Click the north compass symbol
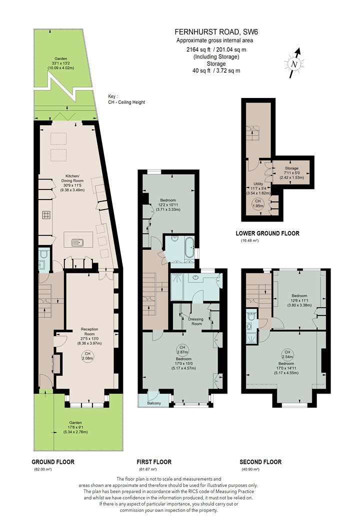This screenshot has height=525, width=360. tap(294, 63)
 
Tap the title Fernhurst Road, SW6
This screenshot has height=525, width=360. tap(216, 32)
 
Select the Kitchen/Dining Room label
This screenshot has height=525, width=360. tap(72, 183)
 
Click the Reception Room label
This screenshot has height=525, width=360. tap(89, 336)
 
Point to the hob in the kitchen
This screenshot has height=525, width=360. tap(46, 215)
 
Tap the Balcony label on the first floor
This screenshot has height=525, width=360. tap(154, 403)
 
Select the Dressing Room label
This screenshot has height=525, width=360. tap(196, 321)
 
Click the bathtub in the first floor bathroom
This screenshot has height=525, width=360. tap(189, 247)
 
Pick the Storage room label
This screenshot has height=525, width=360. tap(291, 173)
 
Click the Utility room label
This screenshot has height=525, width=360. tap(258, 188)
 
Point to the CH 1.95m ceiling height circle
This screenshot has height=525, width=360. tap(257, 203)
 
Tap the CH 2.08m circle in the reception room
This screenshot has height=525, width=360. tap(87, 356)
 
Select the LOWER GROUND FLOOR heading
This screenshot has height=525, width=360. tap(267, 233)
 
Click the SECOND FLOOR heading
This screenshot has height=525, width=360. tap(260, 462)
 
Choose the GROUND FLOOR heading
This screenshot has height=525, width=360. tap(53, 462)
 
